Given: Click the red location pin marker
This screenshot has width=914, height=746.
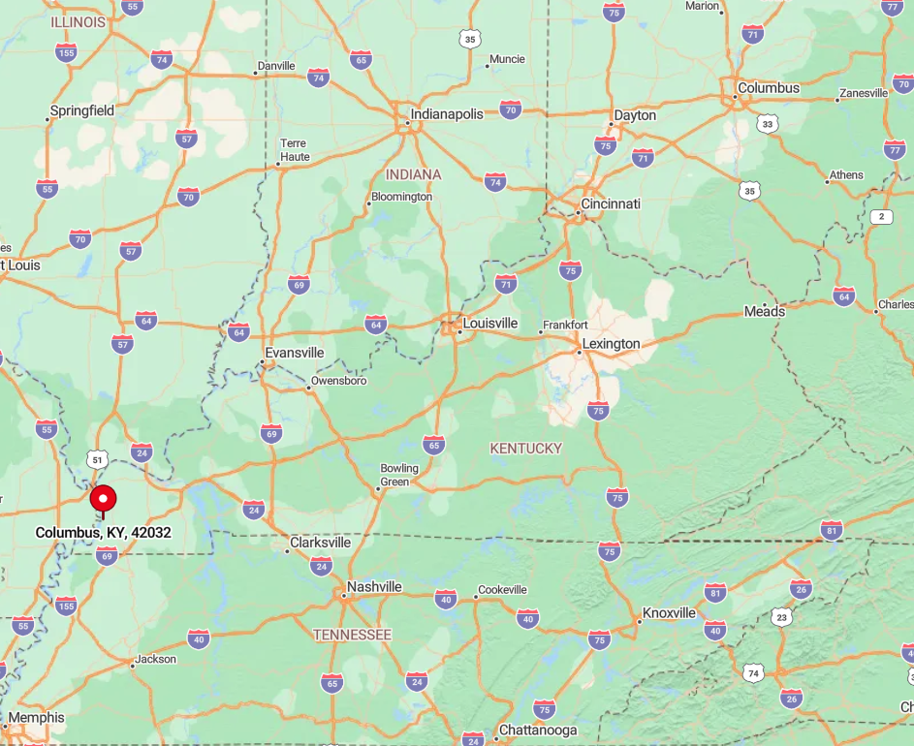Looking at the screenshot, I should tap(103, 500).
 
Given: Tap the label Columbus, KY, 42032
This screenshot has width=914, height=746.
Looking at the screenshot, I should tap(104, 533).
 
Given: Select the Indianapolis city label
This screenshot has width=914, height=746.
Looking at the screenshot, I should tap(446, 114).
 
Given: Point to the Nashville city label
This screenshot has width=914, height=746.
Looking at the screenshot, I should tap(374, 587).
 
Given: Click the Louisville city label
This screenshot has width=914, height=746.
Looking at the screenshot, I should tap(490, 324).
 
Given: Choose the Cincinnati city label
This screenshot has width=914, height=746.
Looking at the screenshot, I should tap(610, 204).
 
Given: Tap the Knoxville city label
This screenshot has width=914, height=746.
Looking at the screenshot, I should tap(669, 613).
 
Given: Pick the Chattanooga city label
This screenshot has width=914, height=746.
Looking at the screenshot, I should tap(538, 730).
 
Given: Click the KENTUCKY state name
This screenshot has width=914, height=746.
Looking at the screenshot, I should tap(526, 449).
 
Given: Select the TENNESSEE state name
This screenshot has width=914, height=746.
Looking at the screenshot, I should tap(353, 635).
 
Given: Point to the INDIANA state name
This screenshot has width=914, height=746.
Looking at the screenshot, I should tap(413, 174).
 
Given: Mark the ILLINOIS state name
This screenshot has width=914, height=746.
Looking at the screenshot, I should tap(79, 21).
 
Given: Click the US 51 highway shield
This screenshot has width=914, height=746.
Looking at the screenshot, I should tap(95, 458).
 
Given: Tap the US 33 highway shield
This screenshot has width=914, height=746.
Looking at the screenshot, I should tap(769, 124).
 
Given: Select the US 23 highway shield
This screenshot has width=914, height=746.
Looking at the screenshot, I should tap(781, 617).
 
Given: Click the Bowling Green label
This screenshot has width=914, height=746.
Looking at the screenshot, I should tap(399, 475).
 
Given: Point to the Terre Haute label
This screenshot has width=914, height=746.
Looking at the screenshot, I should tap(295, 150).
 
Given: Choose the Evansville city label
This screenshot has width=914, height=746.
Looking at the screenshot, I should tap(295, 354).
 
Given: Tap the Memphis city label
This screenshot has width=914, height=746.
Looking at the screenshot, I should tap(37, 718).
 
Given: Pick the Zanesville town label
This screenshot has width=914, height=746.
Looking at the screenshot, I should tap(864, 93).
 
